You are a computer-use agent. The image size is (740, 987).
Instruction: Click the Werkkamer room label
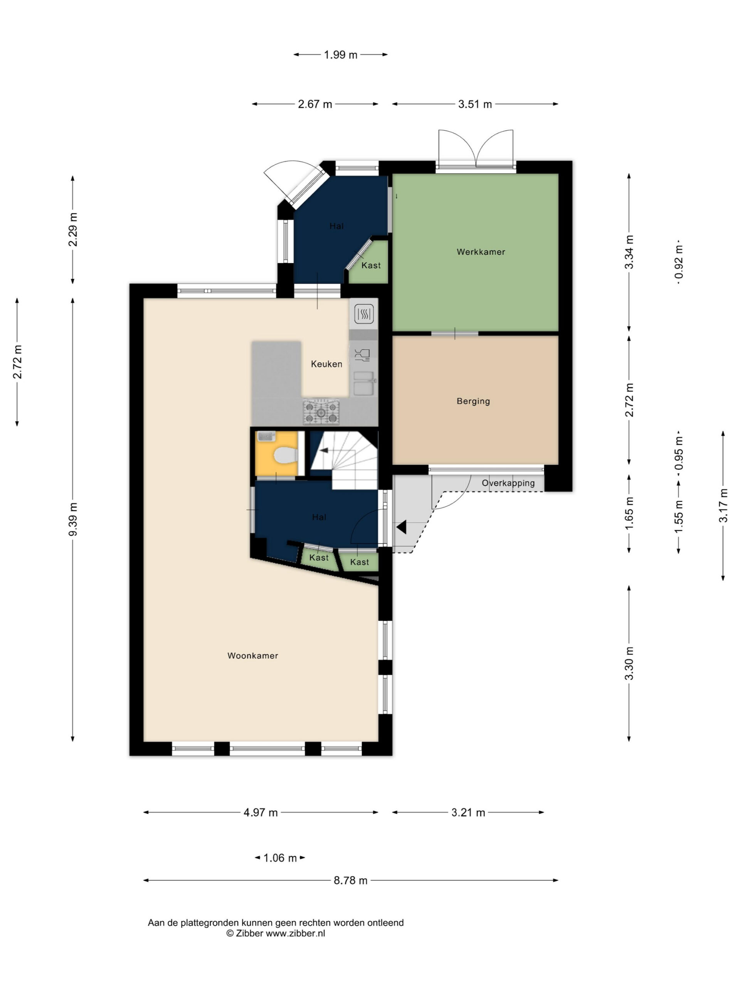tap(480, 252)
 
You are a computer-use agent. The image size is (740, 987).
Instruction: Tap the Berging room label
tap(473, 401)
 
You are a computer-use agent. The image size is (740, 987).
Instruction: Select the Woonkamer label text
tap(252, 655)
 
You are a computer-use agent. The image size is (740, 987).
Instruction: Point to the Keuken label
tap(326, 364)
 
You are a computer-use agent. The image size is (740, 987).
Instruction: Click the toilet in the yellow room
tap(286, 456)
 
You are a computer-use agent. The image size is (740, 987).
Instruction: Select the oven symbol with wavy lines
tap(364, 314)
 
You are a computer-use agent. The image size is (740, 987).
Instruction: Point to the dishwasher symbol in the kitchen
tap(362, 355)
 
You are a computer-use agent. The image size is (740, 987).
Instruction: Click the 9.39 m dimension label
tap(73, 519)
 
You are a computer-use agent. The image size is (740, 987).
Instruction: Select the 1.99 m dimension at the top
tap(340, 55)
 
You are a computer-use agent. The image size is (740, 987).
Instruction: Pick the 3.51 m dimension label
tap(474, 104)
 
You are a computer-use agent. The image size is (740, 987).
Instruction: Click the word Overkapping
tap(508, 483)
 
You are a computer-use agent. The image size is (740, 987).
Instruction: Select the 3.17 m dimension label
tap(723, 505)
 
